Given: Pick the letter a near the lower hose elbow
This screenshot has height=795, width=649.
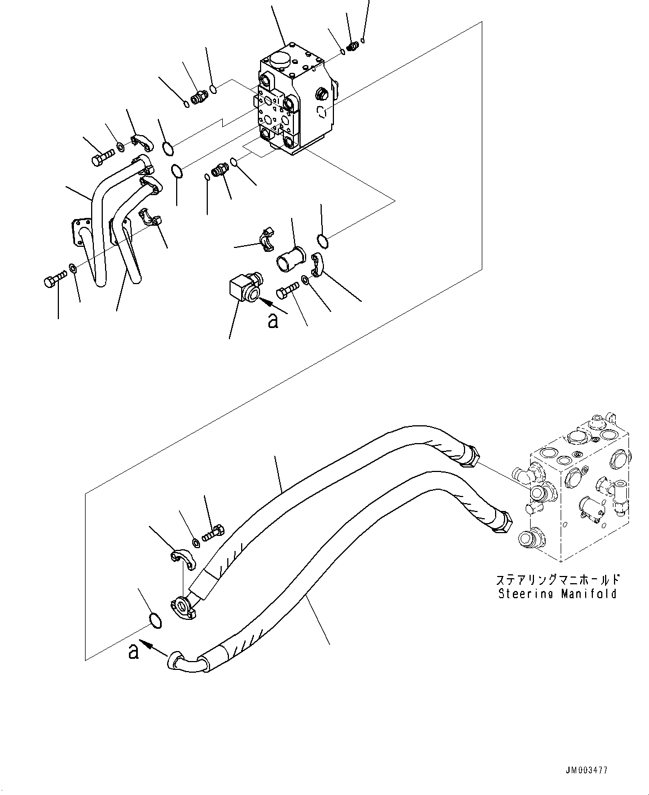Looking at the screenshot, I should [x=133, y=651].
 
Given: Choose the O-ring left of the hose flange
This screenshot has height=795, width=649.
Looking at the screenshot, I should [x=156, y=620].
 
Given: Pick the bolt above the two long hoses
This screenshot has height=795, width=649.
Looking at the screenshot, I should [x=213, y=533].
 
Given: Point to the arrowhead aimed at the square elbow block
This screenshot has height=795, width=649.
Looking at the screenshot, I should [x=263, y=302].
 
